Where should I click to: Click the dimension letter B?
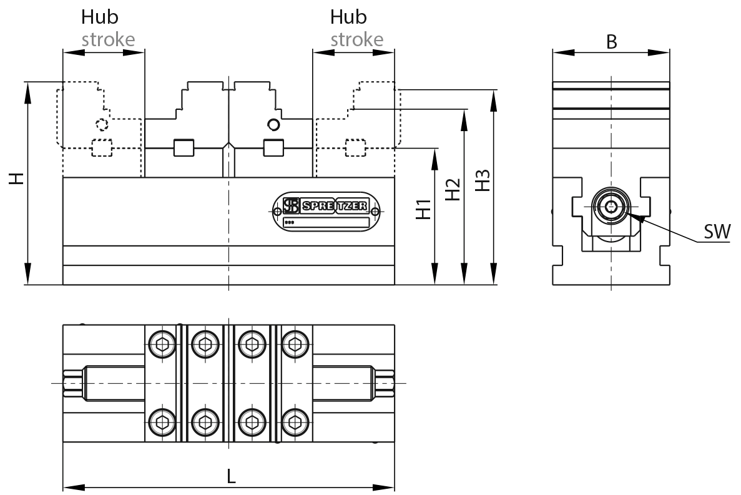pos(612,42)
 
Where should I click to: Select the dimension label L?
pos(231,477)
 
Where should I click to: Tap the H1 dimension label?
pos(424,209)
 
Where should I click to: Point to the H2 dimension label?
pos(453,189)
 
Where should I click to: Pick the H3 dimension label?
pos(483,180)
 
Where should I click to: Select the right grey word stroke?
pos(356,39)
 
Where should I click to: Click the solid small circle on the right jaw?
pos(272,124)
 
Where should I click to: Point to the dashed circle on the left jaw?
pos(101,124)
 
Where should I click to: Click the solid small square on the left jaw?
pos(182,147)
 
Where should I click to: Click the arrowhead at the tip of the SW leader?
pos(631,215)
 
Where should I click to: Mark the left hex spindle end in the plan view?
pos(73,382)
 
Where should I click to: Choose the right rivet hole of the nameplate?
pos(375,211)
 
